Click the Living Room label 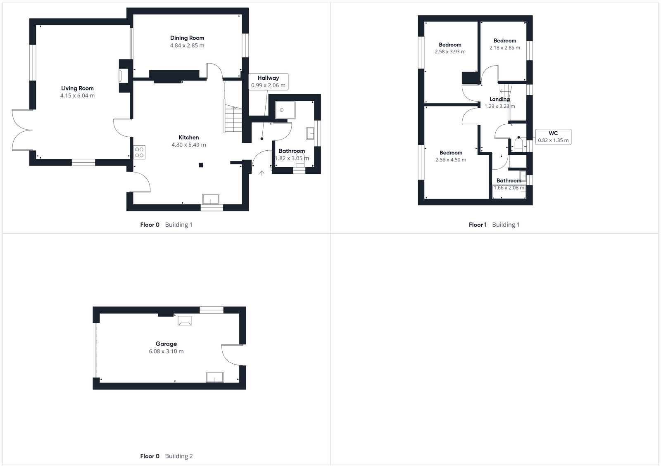coord(77,88)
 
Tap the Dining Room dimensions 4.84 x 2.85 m coord(187,45)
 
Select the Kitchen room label coord(188,137)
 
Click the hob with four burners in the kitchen coord(140,152)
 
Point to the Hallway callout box coord(268,81)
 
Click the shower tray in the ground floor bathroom coord(285,110)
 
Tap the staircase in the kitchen coord(233,120)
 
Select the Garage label coord(166,344)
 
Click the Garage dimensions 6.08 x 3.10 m coord(166,351)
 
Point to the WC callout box coord(553,137)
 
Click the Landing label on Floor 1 coord(499,99)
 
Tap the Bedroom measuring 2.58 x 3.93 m coord(450,48)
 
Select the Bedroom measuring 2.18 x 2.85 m coord(504,44)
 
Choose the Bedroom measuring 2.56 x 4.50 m coord(451,156)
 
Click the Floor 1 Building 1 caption coord(494,225)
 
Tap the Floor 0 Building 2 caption coord(166,456)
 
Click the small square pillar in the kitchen coord(201,165)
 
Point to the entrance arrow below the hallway coord(262,173)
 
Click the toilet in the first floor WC coord(518,145)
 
